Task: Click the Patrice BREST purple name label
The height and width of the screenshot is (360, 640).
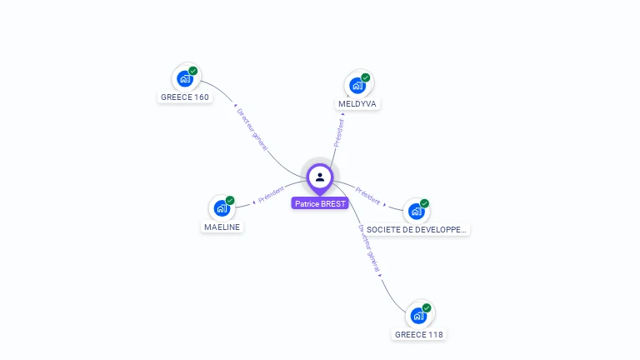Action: pyautogui.click(x=320, y=203)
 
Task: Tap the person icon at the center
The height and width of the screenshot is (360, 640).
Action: pyautogui.click(x=320, y=177)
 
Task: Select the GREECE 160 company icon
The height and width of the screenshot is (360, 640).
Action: pyautogui.click(x=185, y=78)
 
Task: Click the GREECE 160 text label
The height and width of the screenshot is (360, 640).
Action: pyautogui.click(x=185, y=97)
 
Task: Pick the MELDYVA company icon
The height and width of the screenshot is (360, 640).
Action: pyautogui.click(x=357, y=85)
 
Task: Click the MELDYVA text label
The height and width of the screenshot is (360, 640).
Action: pyautogui.click(x=358, y=104)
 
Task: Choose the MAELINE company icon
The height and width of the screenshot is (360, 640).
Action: pyautogui.click(x=222, y=207)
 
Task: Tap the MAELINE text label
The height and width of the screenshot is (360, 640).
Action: pyautogui.click(x=222, y=227)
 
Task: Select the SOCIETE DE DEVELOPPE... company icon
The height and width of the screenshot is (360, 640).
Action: pyautogui.click(x=416, y=211)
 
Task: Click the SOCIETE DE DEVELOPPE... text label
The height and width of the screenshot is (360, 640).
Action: pyautogui.click(x=417, y=228)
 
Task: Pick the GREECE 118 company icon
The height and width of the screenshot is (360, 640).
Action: pyautogui.click(x=418, y=316)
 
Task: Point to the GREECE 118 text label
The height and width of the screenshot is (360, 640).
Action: pyautogui.click(x=419, y=334)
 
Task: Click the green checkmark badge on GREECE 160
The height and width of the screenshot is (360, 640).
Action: pyautogui.click(x=193, y=71)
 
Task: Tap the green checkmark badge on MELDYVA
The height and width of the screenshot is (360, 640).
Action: pyautogui.click(x=366, y=77)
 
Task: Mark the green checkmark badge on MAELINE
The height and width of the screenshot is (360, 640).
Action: pyautogui.click(x=230, y=200)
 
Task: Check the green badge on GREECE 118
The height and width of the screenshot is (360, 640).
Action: pyautogui.click(x=427, y=308)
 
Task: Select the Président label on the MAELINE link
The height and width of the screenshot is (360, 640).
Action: pyautogui.click(x=272, y=196)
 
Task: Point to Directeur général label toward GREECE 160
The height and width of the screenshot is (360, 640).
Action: pyautogui.click(x=252, y=128)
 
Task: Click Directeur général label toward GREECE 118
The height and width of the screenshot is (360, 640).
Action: pyautogui.click(x=369, y=248)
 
